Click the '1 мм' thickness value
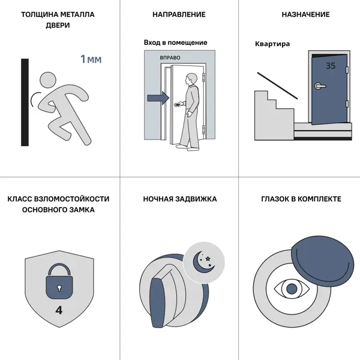[x=91, y=59]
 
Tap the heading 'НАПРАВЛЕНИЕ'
[x=179, y=14]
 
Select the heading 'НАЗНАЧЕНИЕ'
[x=305, y=14]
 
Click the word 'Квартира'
[x=272, y=44]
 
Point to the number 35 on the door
[x=331, y=66]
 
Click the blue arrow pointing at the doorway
[x=158, y=98]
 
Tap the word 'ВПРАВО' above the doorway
[x=170, y=58]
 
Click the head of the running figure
[x=48, y=80]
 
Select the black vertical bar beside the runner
[x=25, y=103]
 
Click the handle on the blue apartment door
[x=320, y=86]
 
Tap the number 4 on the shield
[x=59, y=310]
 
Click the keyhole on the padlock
[x=59, y=288]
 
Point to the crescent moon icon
[x=202, y=263]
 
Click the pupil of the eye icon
[x=292, y=289]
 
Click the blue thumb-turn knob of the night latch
[x=157, y=302]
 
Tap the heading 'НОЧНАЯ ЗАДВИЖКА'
[x=180, y=199]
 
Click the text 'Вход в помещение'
[x=176, y=43]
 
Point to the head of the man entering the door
[x=191, y=79]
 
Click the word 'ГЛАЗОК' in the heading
[x=275, y=199]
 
